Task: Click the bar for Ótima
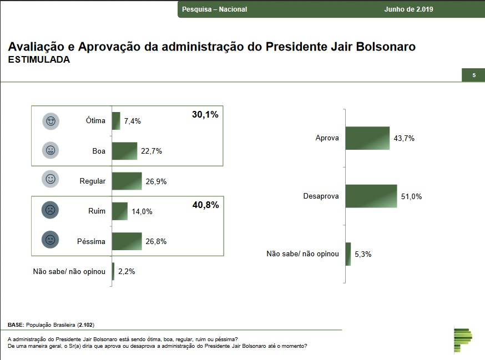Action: coord(116,121)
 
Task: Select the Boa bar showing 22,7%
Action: coord(124,151)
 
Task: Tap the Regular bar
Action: coord(127,181)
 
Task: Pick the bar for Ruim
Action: coord(120,211)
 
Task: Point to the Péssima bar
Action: coord(127,241)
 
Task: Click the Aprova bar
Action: coord(367,138)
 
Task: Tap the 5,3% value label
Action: coord(363,254)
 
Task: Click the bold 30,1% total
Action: coord(205,115)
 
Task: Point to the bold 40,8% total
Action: coord(205,205)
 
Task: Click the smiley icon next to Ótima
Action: coord(50,121)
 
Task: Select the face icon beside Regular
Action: coord(50,180)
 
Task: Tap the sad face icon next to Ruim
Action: coord(50,210)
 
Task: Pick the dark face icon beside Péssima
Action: coord(50,240)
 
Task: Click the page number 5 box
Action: coord(473,75)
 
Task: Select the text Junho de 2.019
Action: coord(408,9)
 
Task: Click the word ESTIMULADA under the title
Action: coord(39,60)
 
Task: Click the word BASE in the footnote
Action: coord(16,323)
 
